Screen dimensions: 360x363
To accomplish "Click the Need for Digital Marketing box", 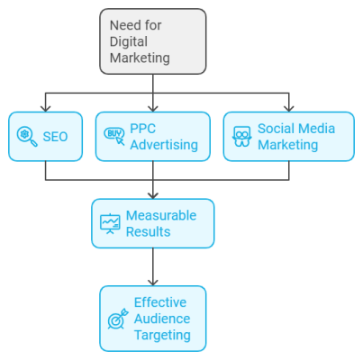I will pyautogui.click(x=152, y=40).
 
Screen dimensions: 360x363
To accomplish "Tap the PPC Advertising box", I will pyautogui.click(x=152, y=136).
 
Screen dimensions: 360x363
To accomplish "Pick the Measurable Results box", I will pyautogui.click(x=153, y=223).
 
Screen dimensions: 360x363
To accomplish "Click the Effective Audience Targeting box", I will pyautogui.click(x=153, y=318).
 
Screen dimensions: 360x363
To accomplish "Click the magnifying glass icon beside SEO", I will pyautogui.click(x=26, y=136).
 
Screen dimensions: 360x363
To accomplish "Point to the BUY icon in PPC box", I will pyautogui.click(x=113, y=136).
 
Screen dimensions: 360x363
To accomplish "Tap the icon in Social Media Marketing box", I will pyautogui.click(x=241, y=136).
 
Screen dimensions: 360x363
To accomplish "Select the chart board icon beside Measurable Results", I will pyautogui.click(x=110, y=223).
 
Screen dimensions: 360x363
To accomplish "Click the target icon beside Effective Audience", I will pyautogui.click(x=118, y=319).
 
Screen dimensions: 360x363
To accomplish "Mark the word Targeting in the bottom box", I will pyautogui.click(x=163, y=335).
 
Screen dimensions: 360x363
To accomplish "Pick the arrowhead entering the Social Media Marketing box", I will pyautogui.click(x=290, y=107).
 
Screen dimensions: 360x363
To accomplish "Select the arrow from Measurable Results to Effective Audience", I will pyautogui.click(x=153, y=266).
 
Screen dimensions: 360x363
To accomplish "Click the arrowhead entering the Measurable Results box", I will pyautogui.click(x=153, y=193).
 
